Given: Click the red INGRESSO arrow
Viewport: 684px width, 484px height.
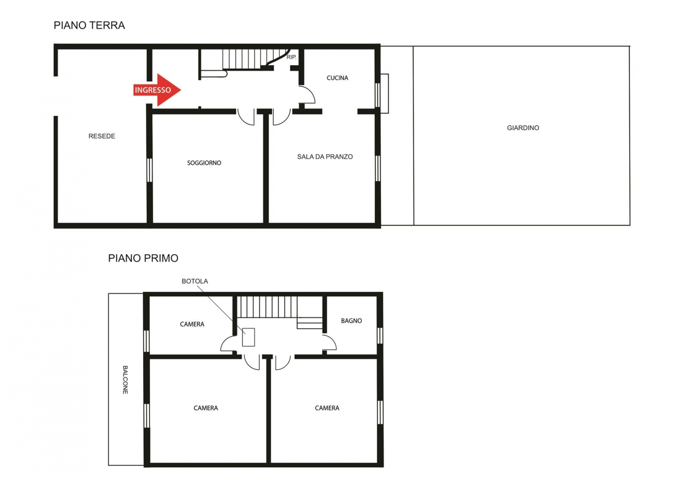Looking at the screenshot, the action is tap(157, 90).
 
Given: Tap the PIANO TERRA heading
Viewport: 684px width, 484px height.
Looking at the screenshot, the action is tap(89, 26).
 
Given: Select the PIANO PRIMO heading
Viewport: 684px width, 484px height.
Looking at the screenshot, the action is tap(143, 258).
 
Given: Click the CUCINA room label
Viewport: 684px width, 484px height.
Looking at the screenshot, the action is tap(337, 78).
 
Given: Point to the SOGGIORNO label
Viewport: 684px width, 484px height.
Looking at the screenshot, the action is tap(204, 163).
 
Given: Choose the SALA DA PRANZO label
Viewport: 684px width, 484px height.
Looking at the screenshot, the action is tap(325, 157).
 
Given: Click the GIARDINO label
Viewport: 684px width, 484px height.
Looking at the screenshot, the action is tap(523, 128).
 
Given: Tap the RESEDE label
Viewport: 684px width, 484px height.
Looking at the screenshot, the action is tap(102, 136).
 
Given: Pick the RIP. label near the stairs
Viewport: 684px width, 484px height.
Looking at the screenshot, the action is tap(291, 57).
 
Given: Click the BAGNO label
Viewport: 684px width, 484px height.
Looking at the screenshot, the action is tap(352, 321).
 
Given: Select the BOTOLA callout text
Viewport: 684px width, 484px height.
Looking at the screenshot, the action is tap(195, 281).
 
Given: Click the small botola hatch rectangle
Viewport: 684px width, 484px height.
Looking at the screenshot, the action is tap(249, 337).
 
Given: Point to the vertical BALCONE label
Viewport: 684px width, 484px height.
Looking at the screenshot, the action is tap(125, 380).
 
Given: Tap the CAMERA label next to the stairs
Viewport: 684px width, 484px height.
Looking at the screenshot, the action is tap(192, 324).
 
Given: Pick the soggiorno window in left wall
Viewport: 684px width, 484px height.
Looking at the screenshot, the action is tap(149, 170).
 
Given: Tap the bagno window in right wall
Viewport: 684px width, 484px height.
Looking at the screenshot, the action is tap(380, 336).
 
